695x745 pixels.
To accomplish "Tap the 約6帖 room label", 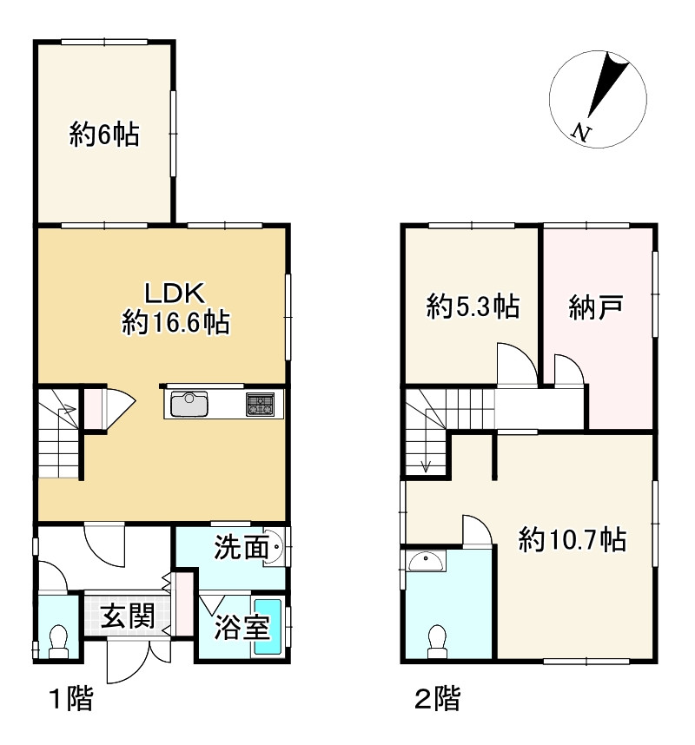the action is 104,134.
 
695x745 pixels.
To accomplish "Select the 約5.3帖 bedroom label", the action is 473,307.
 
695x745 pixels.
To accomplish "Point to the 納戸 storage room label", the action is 596,307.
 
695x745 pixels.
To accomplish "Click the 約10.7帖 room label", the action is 573,539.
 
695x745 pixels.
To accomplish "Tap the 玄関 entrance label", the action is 128,616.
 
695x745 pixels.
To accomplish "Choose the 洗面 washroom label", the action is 241,547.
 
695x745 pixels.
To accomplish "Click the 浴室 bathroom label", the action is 242,627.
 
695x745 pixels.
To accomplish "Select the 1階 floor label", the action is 71,698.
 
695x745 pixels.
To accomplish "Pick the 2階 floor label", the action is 437,698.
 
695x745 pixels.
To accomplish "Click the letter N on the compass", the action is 581,132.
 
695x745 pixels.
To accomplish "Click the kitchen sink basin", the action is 189,405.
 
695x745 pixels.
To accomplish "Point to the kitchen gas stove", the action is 260,405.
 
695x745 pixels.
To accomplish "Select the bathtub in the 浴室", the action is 268,627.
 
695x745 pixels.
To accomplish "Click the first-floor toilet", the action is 59,641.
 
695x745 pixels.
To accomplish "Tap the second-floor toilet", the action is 437,642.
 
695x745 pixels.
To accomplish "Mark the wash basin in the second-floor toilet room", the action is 427,561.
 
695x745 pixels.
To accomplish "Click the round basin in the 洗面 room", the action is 273,547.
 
